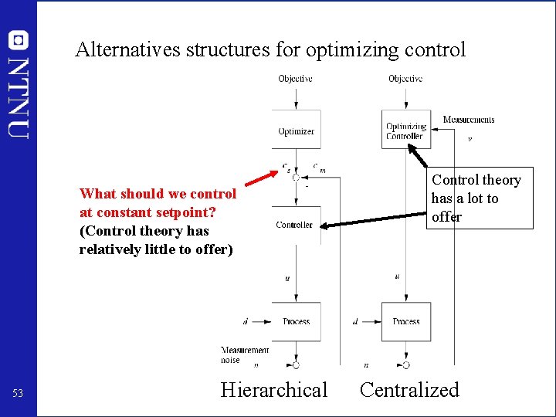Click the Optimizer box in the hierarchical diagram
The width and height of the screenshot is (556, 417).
click(x=296, y=131)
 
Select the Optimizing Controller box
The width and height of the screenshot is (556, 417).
click(x=405, y=131)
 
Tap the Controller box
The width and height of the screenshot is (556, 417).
click(x=294, y=225)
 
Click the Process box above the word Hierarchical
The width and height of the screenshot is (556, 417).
click(x=296, y=321)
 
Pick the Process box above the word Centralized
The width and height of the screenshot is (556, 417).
click(x=405, y=321)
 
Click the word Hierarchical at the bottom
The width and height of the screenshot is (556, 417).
click(x=274, y=390)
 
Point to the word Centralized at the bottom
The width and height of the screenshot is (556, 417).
click(x=409, y=390)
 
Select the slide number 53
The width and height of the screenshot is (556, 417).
click(x=18, y=394)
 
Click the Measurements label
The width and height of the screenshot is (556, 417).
click(x=469, y=120)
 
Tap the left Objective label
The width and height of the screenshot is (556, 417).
click(x=295, y=79)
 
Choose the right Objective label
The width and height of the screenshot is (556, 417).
click(x=405, y=79)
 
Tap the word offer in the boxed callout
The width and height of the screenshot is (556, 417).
click(x=446, y=217)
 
